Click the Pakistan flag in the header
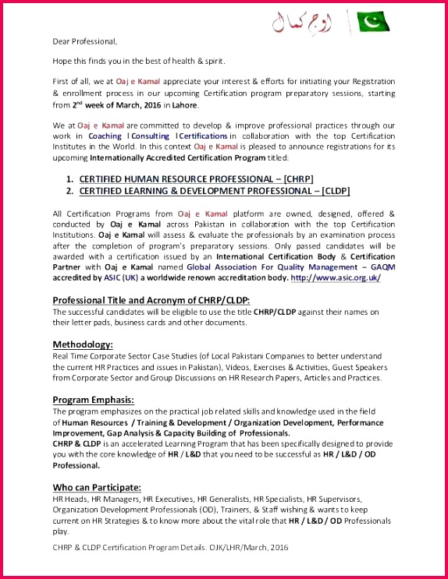point(373,22)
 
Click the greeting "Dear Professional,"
point(84,41)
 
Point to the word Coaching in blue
point(105,136)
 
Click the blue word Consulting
point(149,136)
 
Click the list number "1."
point(69,178)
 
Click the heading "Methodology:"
point(83,344)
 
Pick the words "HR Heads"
point(68,499)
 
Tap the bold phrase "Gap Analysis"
point(124,432)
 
